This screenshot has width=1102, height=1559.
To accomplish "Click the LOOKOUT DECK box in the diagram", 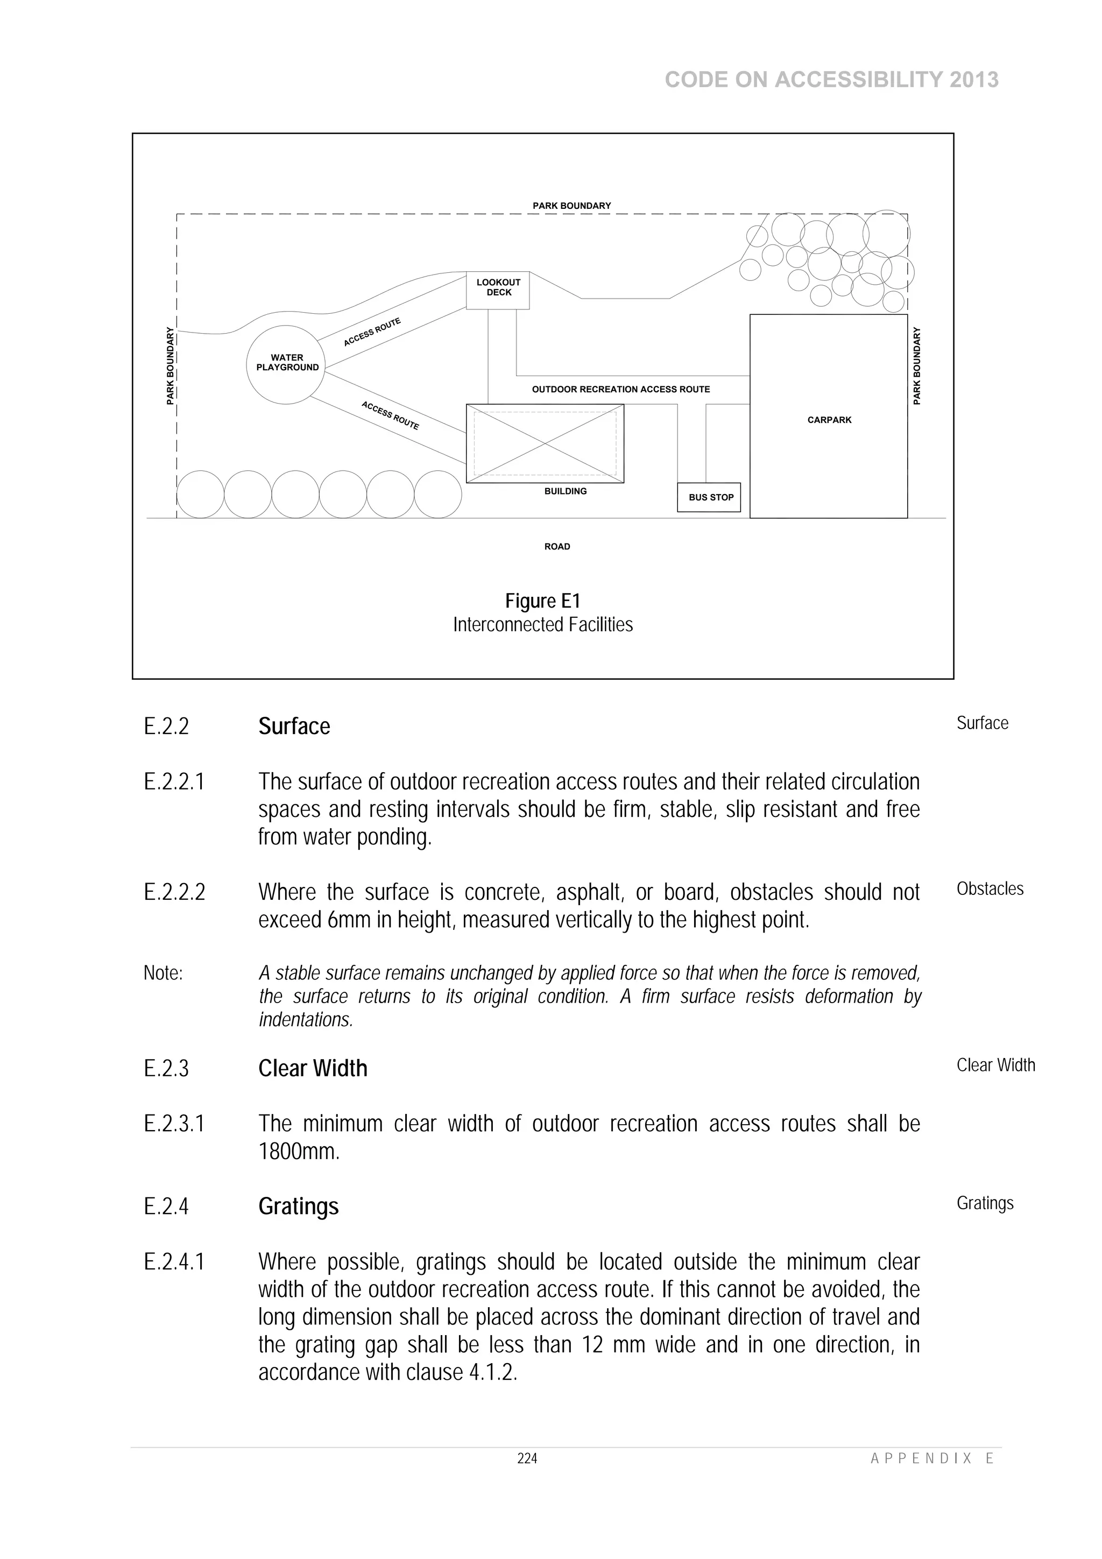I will point(498,290).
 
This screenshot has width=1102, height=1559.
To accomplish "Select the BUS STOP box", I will point(710,498).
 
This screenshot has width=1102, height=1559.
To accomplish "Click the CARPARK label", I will point(828,420).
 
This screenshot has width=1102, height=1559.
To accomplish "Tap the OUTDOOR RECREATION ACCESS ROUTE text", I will point(620,390).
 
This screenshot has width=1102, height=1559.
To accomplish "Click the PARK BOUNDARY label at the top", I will point(571,206).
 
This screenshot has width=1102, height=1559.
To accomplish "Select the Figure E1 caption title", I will point(542,601).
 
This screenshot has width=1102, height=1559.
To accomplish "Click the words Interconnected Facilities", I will point(542,625).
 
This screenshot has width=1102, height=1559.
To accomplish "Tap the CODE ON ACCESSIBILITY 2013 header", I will point(831,80).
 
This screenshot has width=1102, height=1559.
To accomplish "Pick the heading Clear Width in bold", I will point(312,1069).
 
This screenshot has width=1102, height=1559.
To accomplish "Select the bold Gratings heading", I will point(298,1207).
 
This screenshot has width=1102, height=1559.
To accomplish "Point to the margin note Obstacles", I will point(990,889).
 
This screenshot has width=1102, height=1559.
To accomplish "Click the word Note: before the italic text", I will point(163,974).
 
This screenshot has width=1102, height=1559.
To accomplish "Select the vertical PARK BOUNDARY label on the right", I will point(917,366).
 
